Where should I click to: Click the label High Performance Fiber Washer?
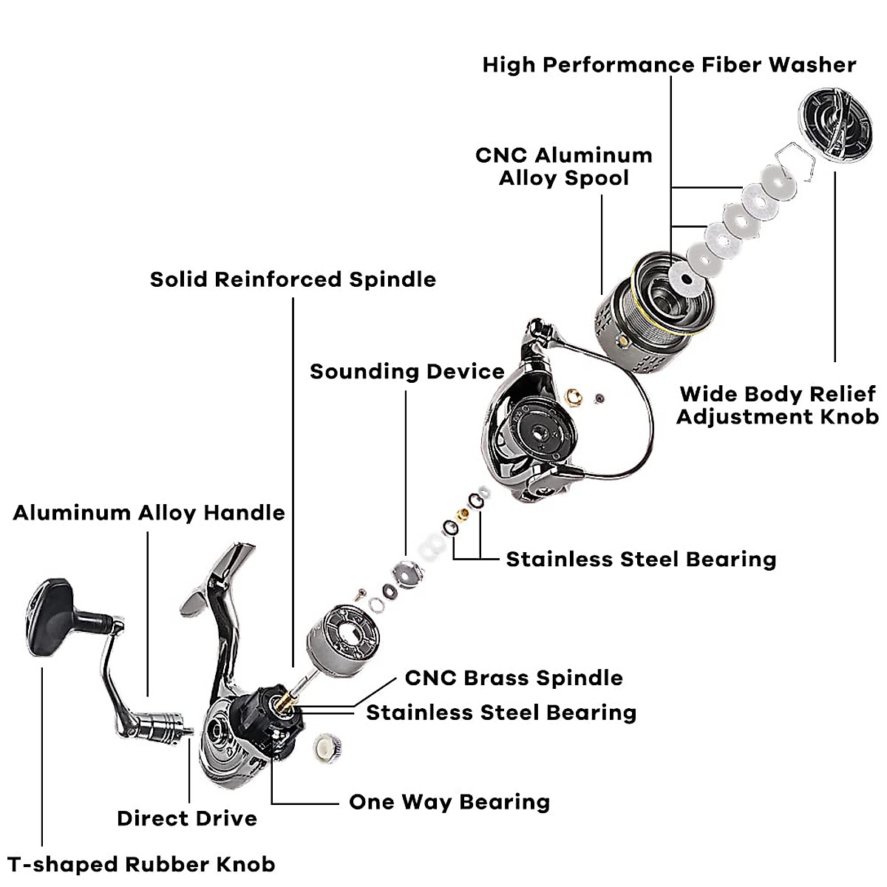click(669, 65)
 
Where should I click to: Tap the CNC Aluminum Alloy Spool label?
click(564, 166)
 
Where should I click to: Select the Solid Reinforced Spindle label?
click(293, 279)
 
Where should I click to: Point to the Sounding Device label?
click(407, 371)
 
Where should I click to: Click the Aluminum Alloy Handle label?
click(149, 513)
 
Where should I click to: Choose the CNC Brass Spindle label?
click(514, 678)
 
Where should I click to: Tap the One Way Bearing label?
click(449, 802)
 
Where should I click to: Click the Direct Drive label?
click(187, 818)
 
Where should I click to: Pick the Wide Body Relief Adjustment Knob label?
click(777, 405)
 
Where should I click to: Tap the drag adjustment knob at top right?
click(832, 123)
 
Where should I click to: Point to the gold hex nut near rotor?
click(574, 398)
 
